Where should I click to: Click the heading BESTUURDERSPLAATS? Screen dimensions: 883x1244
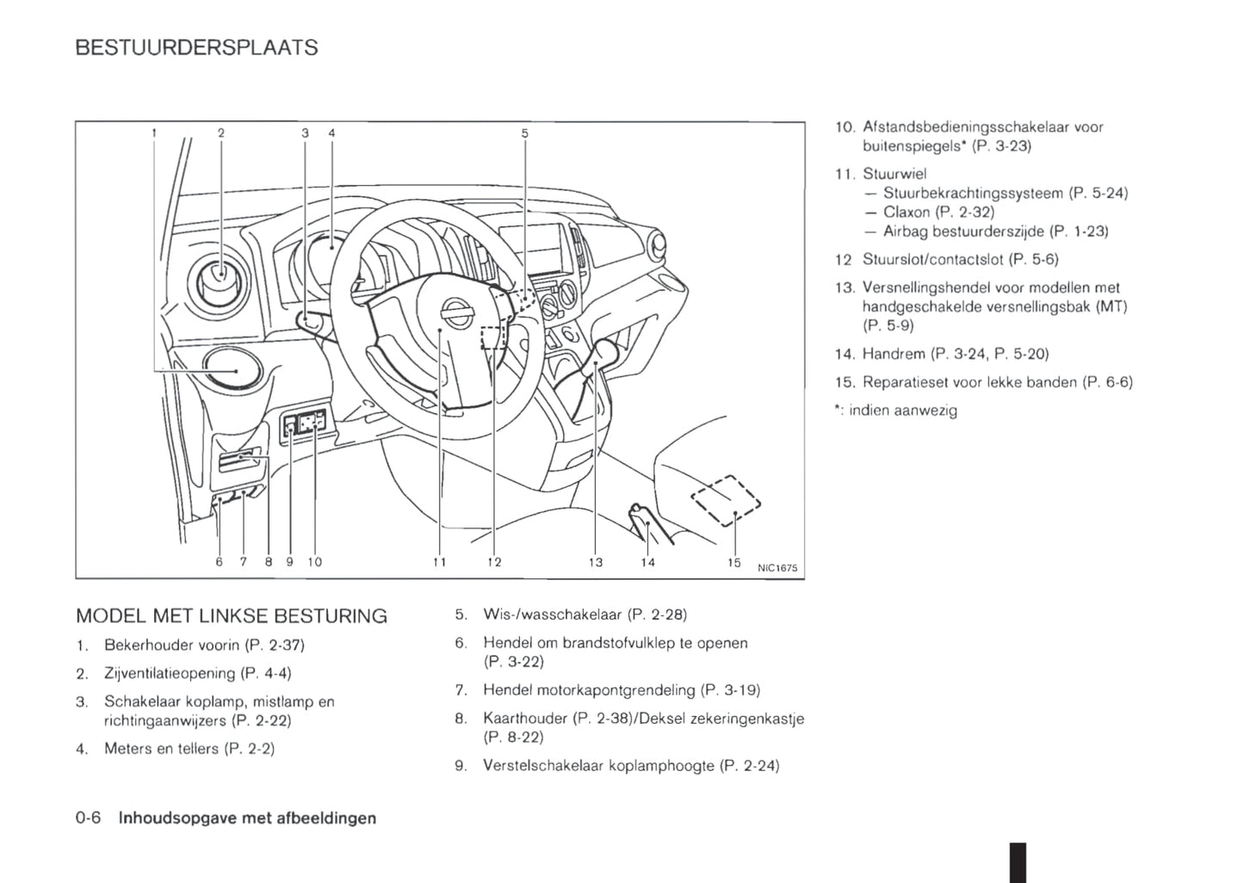tap(196, 48)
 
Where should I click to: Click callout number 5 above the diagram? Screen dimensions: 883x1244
tap(524, 133)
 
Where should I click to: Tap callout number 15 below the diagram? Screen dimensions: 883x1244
tap(733, 562)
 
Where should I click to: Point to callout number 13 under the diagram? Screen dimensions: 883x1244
tap(596, 562)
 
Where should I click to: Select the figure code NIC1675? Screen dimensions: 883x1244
tap(777, 568)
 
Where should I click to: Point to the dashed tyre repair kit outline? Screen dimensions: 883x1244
tap(727, 500)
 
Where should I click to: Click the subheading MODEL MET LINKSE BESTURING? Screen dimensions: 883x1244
tap(232, 616)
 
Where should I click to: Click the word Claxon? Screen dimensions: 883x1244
tap(907, 212)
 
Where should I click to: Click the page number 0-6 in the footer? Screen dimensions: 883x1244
tap(89, 818)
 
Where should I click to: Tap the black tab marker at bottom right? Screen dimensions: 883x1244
tap(1018, 861)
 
